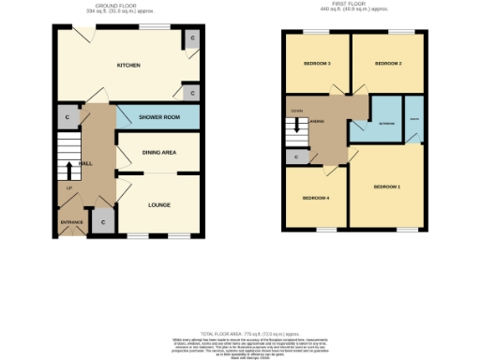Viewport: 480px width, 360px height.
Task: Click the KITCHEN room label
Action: pos(128,66)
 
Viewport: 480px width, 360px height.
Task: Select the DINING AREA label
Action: pos(158,152)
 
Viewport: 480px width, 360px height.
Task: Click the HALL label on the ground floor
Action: pos(85,164)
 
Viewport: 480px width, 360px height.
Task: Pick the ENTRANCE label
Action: pos(71,222)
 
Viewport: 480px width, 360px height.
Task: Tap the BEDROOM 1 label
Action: pos(387,187)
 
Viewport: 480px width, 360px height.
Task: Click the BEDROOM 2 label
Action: pos(387,64)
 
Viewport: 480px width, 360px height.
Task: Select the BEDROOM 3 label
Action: pos(316,64)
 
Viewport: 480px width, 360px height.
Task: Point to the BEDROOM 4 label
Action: pos(315,199)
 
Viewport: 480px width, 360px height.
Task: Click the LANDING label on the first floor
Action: pos(319,122)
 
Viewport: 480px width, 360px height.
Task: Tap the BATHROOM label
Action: pos(385,123)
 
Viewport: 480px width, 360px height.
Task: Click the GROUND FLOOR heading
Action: pos(127,5)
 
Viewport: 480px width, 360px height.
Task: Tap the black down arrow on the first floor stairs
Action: pos(297,126)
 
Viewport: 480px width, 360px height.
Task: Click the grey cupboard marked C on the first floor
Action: pos(296,157)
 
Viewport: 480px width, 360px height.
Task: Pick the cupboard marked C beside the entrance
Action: pos(101,222)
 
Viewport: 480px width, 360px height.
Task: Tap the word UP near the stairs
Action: pos(68,188)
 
